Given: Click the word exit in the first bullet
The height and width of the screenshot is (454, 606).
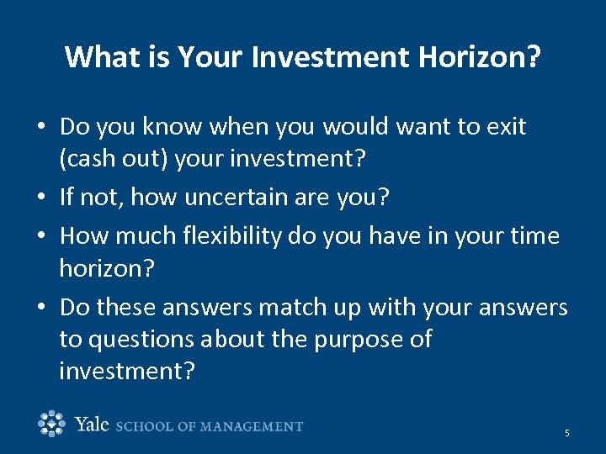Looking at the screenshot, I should coord(505,127).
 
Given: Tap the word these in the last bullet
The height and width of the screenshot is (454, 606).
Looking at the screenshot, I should coord(125,308).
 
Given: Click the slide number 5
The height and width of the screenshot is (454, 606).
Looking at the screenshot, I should coord(566,433).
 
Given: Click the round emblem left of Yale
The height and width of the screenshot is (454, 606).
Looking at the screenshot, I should coord(52,424).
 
